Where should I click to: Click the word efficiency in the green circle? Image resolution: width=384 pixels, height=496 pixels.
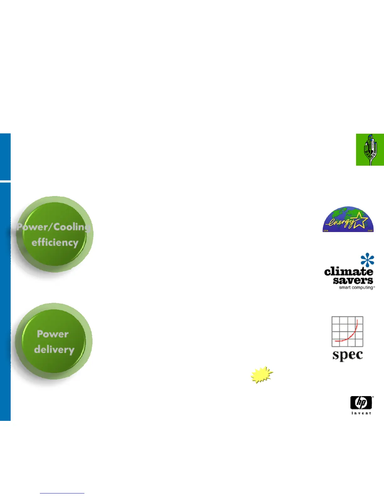(x=55, y=243)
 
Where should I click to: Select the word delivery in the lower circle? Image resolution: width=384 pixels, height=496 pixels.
(x=54, y=349)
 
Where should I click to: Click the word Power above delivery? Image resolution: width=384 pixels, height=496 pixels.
(x=53, y=334)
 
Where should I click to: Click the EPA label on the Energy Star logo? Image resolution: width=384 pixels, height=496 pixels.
(x=326, y=230)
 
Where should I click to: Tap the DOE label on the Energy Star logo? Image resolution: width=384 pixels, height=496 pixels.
(x=370, y=230)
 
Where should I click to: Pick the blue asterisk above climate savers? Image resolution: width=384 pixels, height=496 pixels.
(x=367, y=260)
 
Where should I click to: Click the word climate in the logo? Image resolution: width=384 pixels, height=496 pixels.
(x=348, y=271)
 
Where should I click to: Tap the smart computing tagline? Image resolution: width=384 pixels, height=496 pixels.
(x=356, y=287)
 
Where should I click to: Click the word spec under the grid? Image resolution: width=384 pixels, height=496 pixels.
(x=348, y=355)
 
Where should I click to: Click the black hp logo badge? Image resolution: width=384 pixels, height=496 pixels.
(x=361, y=403)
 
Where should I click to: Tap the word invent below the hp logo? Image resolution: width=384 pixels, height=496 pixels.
(x=361, y=413)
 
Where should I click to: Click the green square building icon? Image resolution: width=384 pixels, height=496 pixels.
(x=370, y=149)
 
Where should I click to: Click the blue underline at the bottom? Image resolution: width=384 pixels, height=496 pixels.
(x=62, y=493)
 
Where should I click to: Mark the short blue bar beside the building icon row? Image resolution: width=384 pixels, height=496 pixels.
(x=5, y=157)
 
